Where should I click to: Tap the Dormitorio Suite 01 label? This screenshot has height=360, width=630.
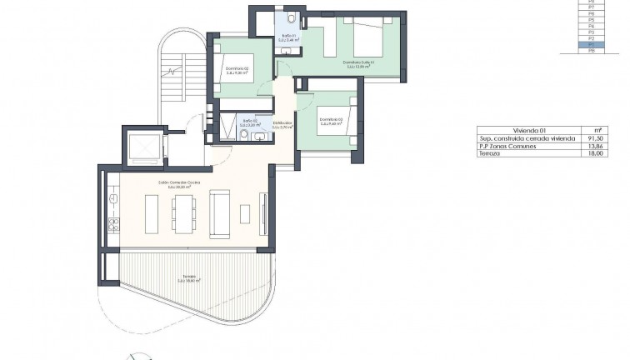tap(361, 64)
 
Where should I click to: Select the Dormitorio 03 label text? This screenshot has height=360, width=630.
tap(331, 121)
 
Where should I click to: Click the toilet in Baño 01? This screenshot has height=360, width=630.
tap(289, 18)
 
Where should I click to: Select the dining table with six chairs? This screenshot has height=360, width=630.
tap(185, 213)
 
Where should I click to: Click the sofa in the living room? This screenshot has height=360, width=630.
tap(220, 213)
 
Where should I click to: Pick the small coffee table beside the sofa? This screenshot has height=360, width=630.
tap(245, 214)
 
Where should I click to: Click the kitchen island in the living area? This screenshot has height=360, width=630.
tap(152, 213)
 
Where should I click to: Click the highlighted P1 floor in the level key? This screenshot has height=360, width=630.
tap(592, 44)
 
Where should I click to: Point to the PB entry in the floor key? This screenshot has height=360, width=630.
tap(592, 51)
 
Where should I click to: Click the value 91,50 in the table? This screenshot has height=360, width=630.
tap(594, 138)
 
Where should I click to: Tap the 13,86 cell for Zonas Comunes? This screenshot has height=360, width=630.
tap(594, 147)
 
